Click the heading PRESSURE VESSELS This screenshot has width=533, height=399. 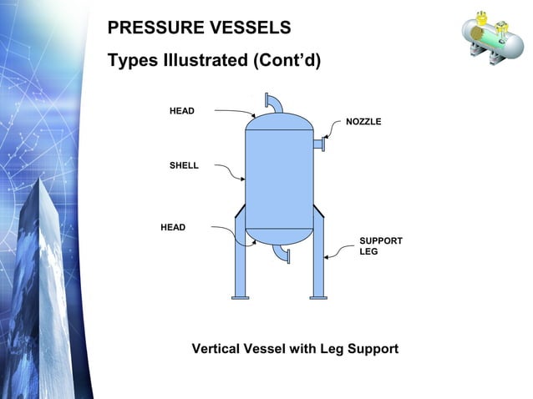(199, 28)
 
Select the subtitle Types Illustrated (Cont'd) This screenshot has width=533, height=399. (214, 62)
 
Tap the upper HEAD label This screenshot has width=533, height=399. (182, 111)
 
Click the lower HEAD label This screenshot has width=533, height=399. (173, 227)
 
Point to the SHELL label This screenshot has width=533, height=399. (184, 166)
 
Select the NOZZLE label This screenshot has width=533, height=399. (363, 122)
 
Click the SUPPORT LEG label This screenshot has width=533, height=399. (380, 246)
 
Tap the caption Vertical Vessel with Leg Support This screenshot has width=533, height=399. (295, 348)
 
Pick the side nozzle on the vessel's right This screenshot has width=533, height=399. (318, 145)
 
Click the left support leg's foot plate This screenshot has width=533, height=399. (240, 295)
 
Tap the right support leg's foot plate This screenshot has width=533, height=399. (318, 295)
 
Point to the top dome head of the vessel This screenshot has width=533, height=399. (278, 122)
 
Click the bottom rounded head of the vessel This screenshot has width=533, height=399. (278, 236)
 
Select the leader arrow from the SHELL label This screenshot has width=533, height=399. (230, 170)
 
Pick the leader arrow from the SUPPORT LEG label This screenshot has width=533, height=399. (338, 253)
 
